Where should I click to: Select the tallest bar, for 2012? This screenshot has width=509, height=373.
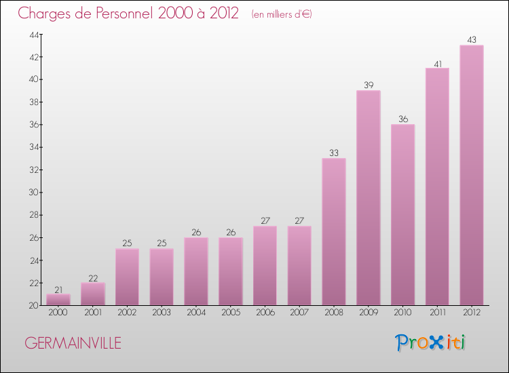(472, 175)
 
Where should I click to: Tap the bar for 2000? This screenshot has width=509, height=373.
(58, 299)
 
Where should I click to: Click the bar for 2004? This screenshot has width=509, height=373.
(196, 271)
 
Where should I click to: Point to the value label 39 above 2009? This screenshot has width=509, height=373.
(369, 85)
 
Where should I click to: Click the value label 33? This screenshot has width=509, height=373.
(334, 153)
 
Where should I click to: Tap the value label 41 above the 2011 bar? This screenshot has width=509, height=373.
(437, 62)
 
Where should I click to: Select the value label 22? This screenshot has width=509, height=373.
(93, 277)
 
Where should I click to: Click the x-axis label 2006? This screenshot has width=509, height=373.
(265, 313)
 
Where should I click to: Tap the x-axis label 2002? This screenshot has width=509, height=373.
(127, 313)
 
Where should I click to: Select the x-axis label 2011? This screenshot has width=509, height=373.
(437, 313)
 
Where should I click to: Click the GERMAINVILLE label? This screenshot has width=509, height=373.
(73, 343)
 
